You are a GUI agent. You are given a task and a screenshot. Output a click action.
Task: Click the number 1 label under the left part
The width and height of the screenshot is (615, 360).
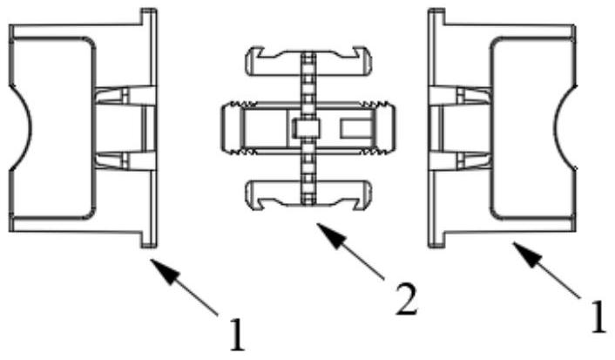point(237,335)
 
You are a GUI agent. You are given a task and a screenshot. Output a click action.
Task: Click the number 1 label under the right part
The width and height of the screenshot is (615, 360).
point(598,316)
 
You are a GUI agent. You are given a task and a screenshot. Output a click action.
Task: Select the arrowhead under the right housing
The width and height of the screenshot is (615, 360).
point(527,254)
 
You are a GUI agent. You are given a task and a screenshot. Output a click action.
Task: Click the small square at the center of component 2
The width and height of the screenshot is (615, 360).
point(307,128)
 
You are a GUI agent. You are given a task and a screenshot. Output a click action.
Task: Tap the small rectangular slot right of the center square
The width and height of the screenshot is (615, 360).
point(355,129)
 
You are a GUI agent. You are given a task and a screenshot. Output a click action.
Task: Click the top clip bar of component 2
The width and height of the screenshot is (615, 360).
point(308,62)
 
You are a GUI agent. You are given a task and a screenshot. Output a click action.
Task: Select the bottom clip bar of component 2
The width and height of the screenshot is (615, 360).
point(308,195)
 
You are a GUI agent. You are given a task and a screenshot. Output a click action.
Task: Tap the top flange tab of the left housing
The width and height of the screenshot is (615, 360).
point(149,17)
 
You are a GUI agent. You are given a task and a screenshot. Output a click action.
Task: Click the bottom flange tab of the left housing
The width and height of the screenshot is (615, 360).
point(149,239)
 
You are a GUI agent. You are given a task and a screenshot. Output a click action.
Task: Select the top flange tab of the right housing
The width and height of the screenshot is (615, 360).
point(436,17)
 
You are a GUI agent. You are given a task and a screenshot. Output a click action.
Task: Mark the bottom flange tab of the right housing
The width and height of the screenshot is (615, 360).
point(436,239)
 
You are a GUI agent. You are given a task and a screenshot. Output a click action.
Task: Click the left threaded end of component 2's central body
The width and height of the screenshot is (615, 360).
point(233,128)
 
